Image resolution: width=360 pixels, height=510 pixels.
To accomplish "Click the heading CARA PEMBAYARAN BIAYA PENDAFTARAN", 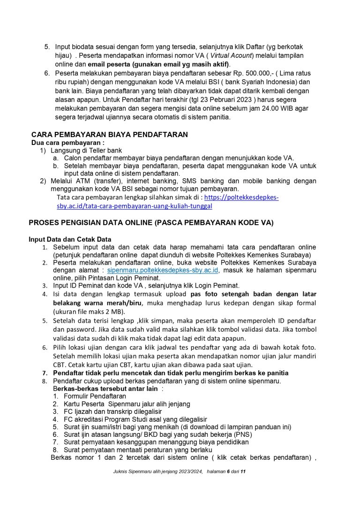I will (x=109, y=135).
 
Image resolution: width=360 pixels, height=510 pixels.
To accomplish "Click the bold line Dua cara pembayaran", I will (x=67, y=142).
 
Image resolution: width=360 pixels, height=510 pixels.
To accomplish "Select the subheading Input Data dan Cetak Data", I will (x=70, y=239).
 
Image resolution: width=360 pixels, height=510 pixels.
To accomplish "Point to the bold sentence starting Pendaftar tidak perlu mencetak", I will (x=171, y=373).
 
